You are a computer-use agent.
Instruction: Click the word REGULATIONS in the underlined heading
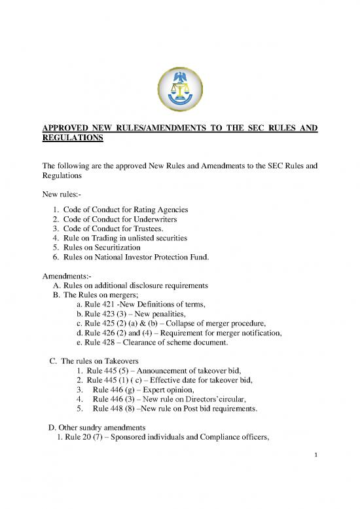click(x=71, y=140)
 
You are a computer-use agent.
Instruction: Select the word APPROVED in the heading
click(x=65, y=129)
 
